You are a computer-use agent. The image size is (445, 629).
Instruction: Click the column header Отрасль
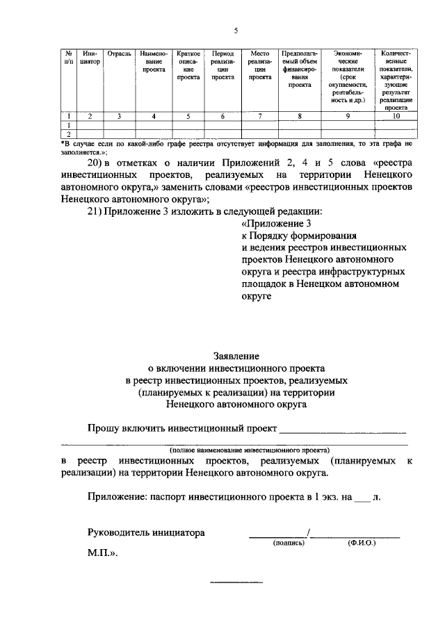coord(120,53)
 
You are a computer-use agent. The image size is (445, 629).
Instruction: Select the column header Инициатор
coord(90,57)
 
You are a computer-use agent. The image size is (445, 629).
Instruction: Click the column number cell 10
coord(396,116)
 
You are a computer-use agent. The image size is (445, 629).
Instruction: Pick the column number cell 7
coord(259,116)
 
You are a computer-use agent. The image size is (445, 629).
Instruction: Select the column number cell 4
coord(153,116)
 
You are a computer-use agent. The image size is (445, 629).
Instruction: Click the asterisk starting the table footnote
coord(63,142)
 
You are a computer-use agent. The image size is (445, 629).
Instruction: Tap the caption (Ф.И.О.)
coord(361,544)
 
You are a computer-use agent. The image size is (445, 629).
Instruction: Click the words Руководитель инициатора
coord(147,533)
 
